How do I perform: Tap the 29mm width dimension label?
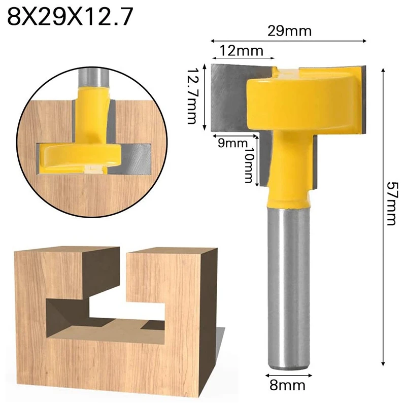[x=289, y=31]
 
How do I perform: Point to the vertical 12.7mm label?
[x=191, y=96]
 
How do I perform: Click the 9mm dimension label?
[x=228, y=143]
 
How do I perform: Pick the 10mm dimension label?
[x=248, y=164]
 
